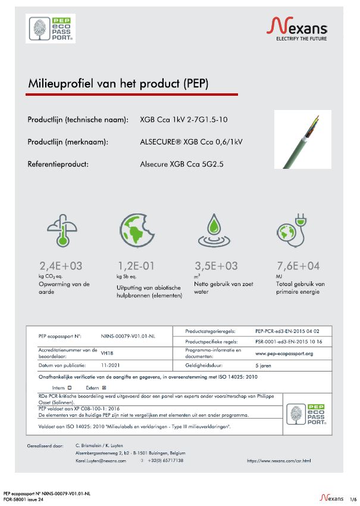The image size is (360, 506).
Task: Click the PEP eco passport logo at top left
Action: pyautogui.click(x=51, y=29)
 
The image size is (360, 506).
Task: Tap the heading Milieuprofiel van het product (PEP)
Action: pyautogui.click(x=118, y=83)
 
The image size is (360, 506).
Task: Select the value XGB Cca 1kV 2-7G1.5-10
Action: pyautogui.click(x=183, y=120)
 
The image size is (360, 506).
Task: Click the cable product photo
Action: pyautogui.click(x=302, y=139)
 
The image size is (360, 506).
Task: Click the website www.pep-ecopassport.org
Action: pyautogui.click(x=284, y=353)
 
